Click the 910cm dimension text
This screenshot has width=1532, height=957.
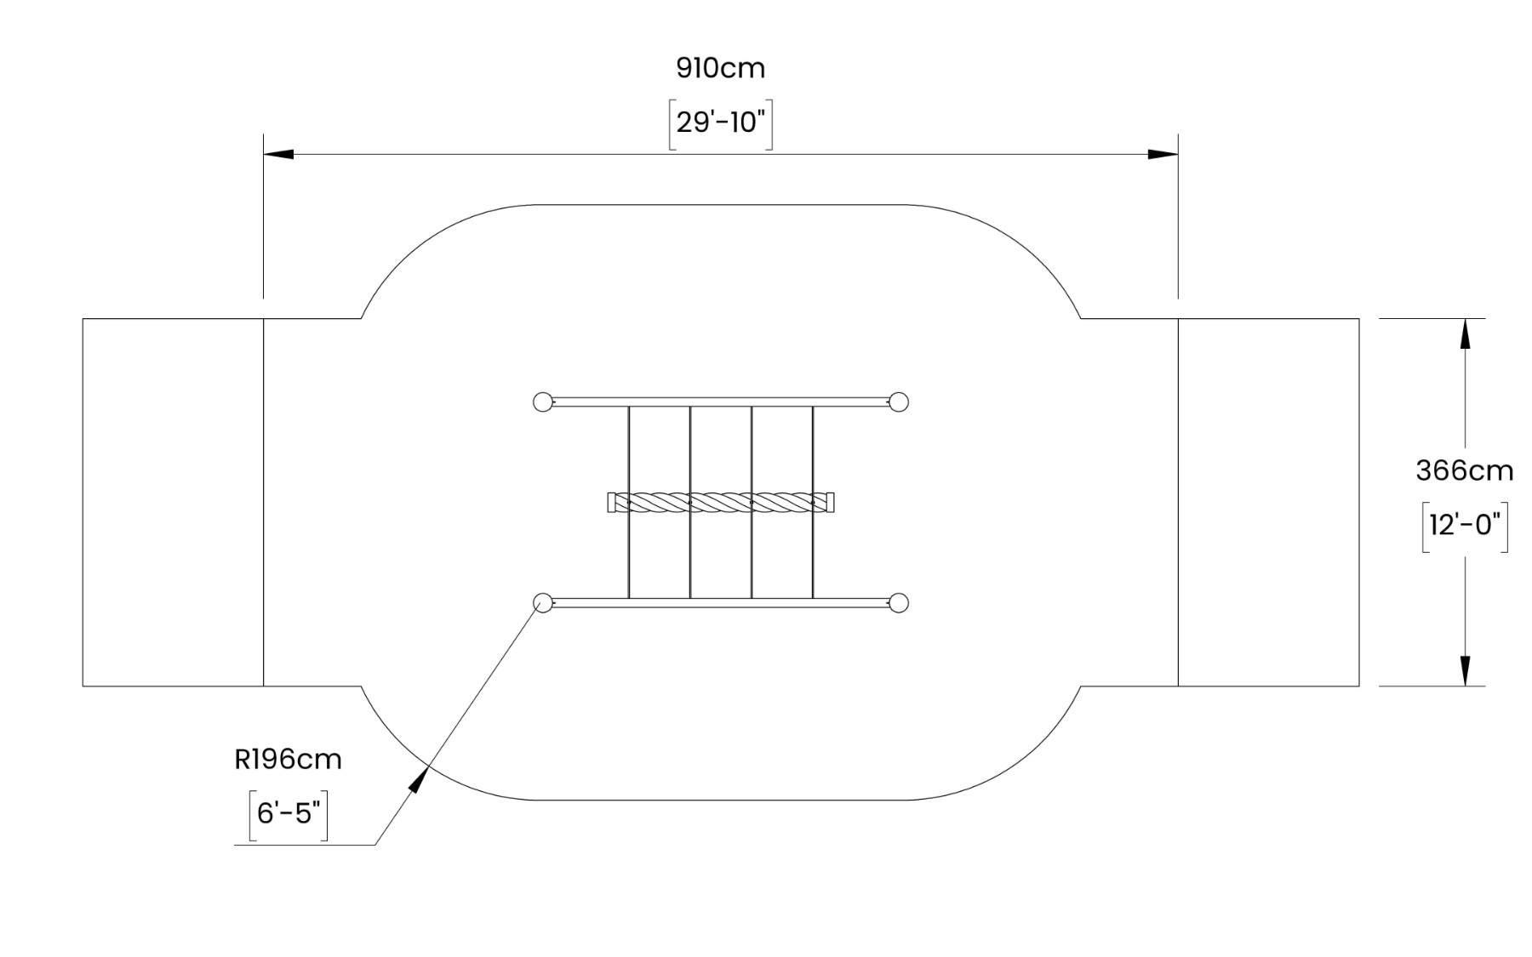click(x=720, y=68)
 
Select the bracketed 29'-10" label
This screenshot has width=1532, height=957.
click(x=720, y=123)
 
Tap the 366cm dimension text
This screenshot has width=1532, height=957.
click(x=1464, y=470)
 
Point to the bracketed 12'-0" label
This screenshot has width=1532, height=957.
click(x=1464, y=526)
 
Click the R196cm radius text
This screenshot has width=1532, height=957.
click(x=288, y=759)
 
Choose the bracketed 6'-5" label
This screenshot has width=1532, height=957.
click(x=288, y=814)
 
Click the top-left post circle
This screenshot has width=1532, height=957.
click(x=542, y=402)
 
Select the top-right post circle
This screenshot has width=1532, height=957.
click(x=899, y=402)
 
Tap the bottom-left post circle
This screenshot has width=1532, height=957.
click(x=542, y=603)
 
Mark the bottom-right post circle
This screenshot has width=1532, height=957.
click(x=899, y=603)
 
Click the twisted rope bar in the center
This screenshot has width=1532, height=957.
click(x=721, y=503)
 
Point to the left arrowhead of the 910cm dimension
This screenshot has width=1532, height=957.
click(x=278, y=155)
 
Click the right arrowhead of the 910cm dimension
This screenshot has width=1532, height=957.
click(x=1163, y=155)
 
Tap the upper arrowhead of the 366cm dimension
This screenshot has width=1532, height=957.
click(x=1465, y=333)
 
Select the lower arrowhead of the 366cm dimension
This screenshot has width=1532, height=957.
click(x=1465, y=670)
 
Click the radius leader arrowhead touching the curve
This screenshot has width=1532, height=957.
click(x=419, y=779)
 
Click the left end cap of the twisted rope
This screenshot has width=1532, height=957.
click(x=612, y=503)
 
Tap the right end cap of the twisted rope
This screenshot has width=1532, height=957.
click(x=830, y=503)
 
